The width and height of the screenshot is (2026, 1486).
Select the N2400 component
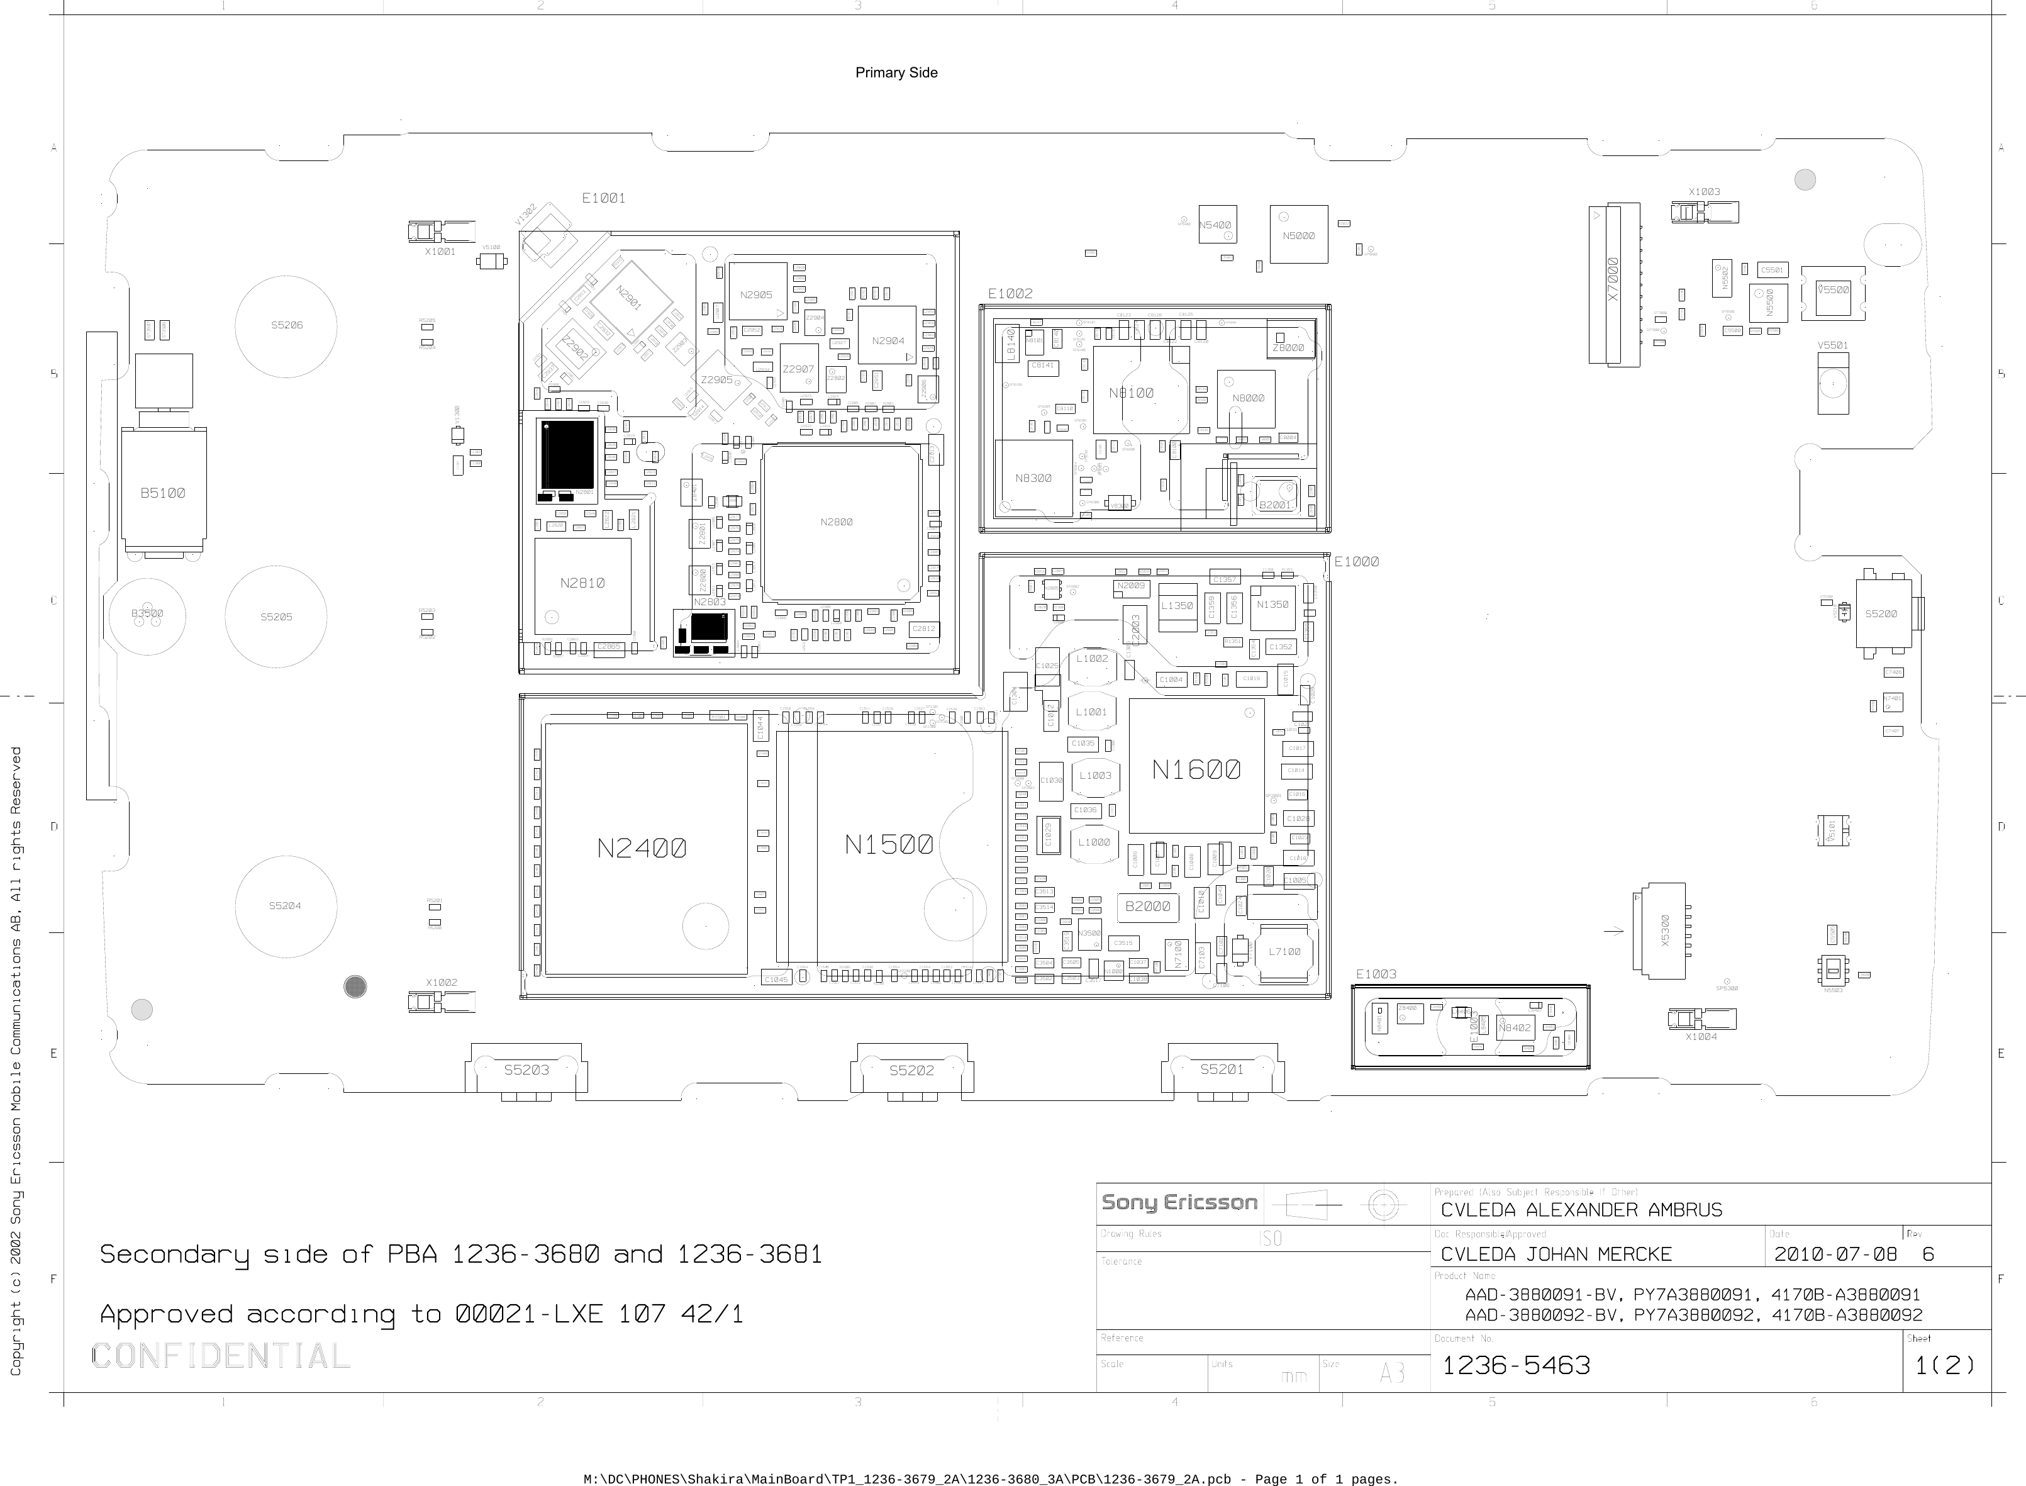pyautogui.click(x=642, y=848)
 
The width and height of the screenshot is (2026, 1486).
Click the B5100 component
pyautogui.click(x=163, y=493)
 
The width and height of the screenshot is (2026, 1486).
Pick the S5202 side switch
pyautogui.click(x=912, y=1070)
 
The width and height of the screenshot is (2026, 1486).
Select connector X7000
pyautogui.click(x=1613, y=281)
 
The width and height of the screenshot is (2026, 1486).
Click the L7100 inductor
pyautogui.click(x=1284, y=952)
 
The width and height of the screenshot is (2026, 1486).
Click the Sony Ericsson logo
pyautogui.click(x=1179, y=1203)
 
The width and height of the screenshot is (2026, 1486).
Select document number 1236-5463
pyautogui.click(x=1516, y=1365)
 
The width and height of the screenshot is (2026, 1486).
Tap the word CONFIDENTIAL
pyautogui.click(x=220, y=1356)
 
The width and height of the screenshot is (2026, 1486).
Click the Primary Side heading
pyautogui.click(x=896, y=73)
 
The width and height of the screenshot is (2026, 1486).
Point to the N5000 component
pyautogui.click(x=1298, y=236)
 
